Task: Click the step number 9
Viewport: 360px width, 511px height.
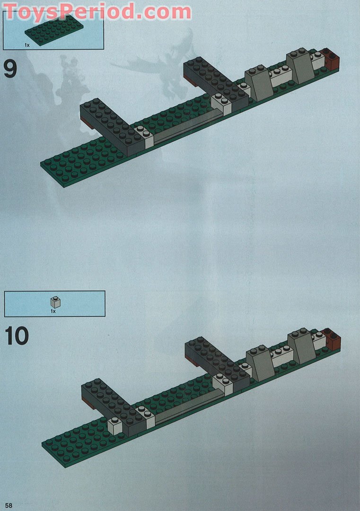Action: point(10,69)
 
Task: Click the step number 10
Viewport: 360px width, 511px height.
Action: point(17,336)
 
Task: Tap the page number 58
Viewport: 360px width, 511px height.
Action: point(9,505)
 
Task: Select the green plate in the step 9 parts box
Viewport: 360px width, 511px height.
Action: point(54,29)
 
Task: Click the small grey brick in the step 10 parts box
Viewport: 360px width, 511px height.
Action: point(55,303)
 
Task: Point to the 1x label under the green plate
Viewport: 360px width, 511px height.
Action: point(27,45)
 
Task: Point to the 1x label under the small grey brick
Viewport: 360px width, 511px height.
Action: point(53,311)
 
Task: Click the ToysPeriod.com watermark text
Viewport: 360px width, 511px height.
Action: point(97,11)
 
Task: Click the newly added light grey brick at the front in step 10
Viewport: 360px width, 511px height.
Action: point(115,425)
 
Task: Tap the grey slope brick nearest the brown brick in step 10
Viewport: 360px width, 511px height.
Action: point(302,346)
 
